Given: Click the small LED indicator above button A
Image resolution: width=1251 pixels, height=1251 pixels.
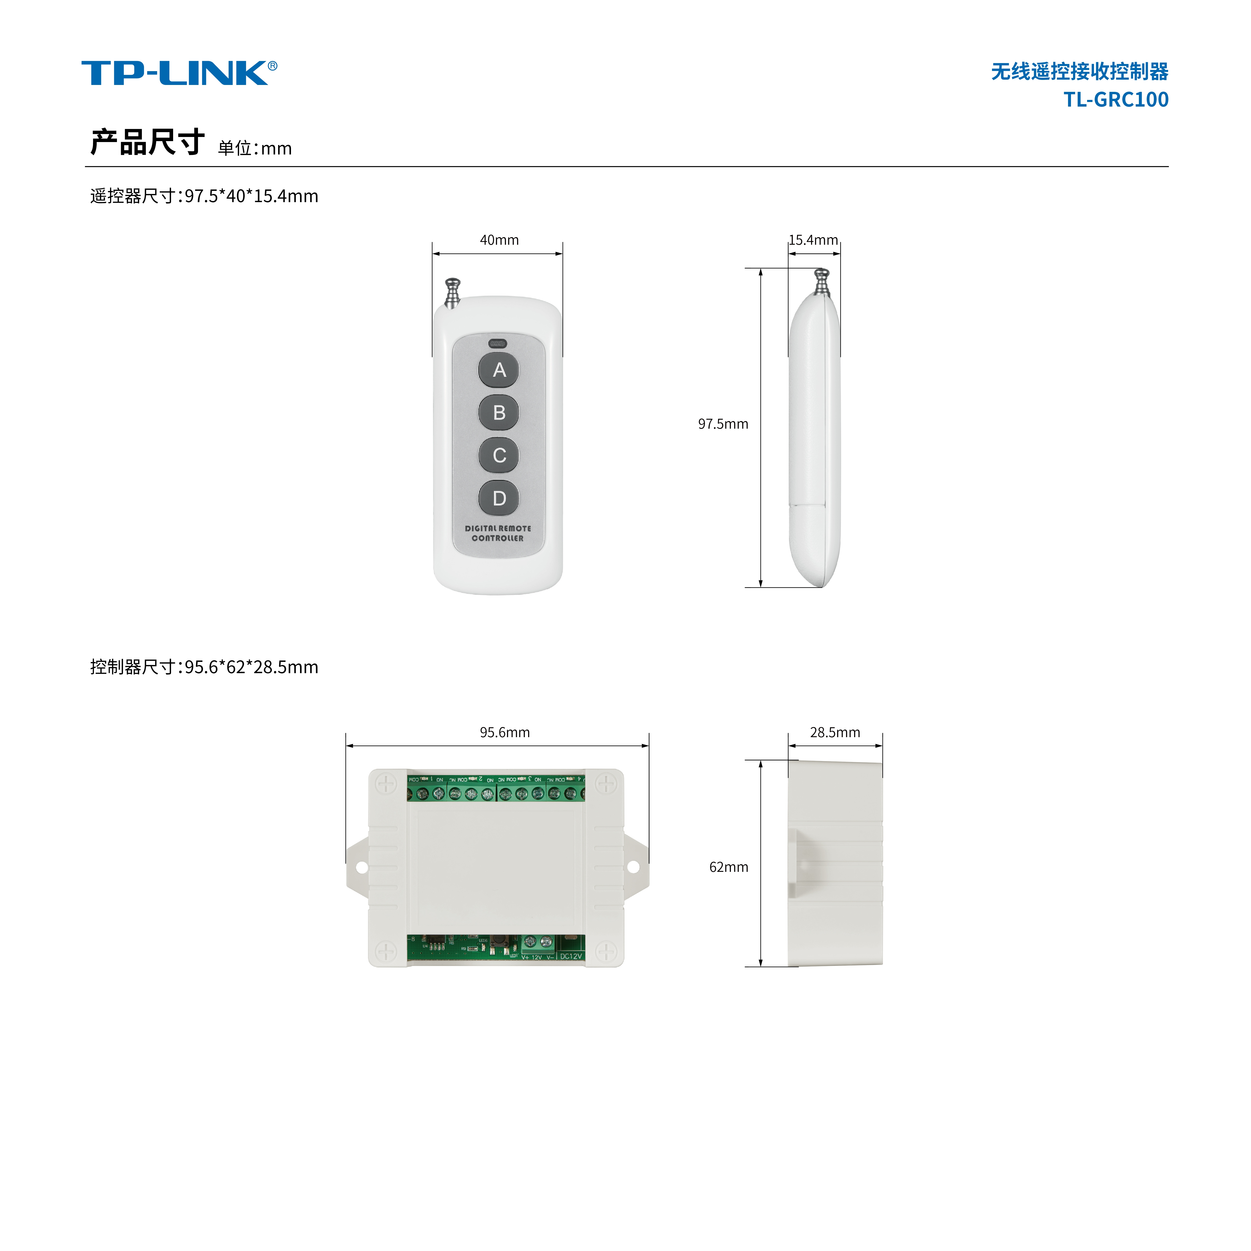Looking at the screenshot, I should pyautogui.click(x=498, y=344).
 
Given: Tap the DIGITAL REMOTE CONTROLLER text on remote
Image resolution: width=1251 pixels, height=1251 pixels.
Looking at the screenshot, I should pyautogui.click(x=498, y=533).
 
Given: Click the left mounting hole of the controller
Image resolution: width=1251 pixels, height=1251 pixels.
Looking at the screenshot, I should pyautogui.click(x=361, y=866).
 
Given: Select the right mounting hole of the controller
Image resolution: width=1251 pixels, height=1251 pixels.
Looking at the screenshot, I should pyautogui.click(x=633, y=866).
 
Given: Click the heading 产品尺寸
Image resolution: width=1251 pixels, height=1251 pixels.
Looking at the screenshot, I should pyautogui.click(x=148, y=143).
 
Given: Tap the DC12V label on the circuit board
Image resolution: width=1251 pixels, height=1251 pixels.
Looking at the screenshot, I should pyautogui.click(x=571, y=956).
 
